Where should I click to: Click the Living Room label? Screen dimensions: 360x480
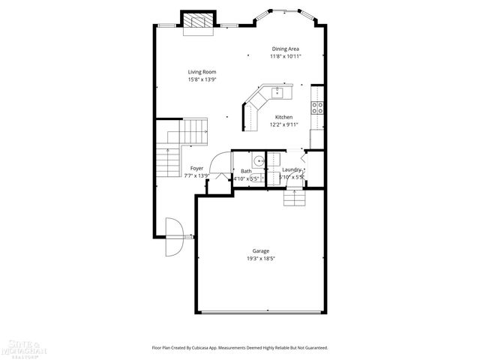coord(202,72)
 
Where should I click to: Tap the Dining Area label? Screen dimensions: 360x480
coord(285,49)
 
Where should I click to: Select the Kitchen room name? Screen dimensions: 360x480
coord(283,117)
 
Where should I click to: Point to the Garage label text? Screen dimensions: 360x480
coord(260,251)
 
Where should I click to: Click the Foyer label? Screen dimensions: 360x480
coord(196,168)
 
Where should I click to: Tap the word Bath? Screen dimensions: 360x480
coord(246,172)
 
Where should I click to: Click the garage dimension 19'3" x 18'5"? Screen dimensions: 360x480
coord(260,259)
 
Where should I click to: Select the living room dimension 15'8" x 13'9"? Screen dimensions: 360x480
coord(202,79)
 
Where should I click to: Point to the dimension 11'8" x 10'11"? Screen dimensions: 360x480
coord(286,56)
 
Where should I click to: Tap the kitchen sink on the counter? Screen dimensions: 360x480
coord(277,92)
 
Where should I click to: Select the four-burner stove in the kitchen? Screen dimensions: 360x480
coord(317,107)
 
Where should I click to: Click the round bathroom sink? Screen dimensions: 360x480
coord(258,160)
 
